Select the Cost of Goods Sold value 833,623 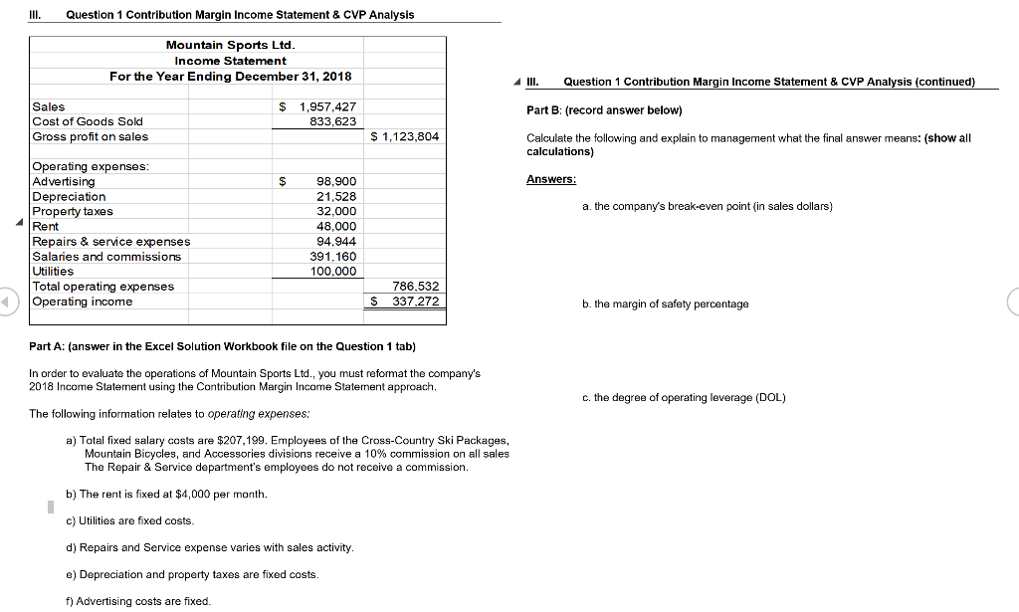click(333, 121)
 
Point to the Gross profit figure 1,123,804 click(409, 136)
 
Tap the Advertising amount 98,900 click(336, 182)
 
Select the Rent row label click(46, 227)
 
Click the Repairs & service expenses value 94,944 click(336, 242)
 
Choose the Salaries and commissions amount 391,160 click(333, 257)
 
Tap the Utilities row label click(53, 271)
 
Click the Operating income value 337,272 click(416, 302)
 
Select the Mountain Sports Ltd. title click(230, 45)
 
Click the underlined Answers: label click(551, 180)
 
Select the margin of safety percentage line click(666, 304)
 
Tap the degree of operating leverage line click(684, 397)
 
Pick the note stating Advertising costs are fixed click(137, 600)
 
